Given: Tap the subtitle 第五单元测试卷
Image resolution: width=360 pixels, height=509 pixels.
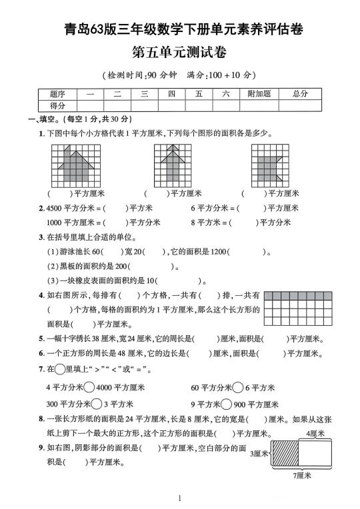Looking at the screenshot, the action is click(x=179, y=52).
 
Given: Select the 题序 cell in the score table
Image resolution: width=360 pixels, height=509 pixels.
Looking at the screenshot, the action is click(x=57, y=94).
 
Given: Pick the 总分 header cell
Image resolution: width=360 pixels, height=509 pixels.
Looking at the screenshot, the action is click(x=300, y=94).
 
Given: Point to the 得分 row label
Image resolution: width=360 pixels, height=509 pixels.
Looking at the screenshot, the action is click(x=57, y=105).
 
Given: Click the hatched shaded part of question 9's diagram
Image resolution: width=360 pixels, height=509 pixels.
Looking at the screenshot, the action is click(x=284, y=454).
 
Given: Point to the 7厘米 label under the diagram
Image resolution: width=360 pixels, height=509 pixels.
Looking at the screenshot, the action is click(x=304, y=476).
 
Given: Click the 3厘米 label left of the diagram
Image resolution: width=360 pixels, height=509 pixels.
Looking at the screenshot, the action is click(x=259, y=454).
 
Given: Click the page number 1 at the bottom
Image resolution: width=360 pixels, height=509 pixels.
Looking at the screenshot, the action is click(x=180, y=498).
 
